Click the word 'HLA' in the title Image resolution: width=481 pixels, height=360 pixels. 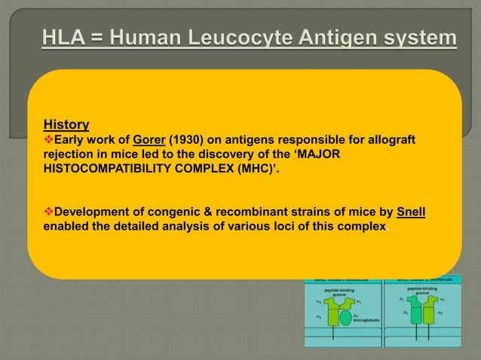(x=57, y=38)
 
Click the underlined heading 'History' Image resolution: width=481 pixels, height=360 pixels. (x=66, y=124)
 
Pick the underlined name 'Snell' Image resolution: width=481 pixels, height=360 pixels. (x=411, y=210)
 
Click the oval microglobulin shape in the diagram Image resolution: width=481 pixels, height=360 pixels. (x=345, y=318)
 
